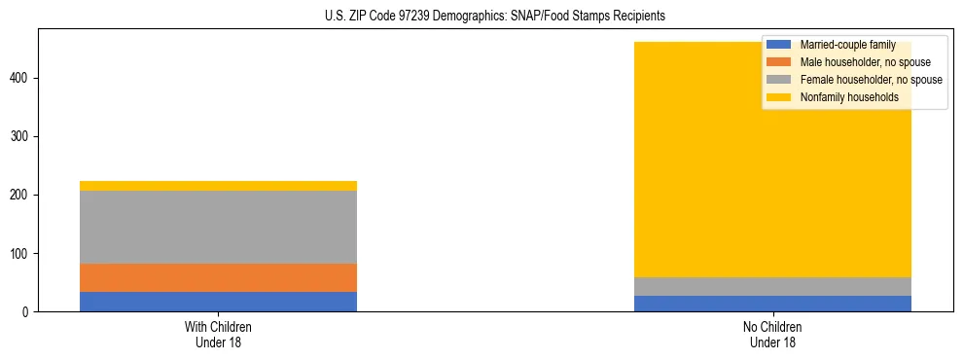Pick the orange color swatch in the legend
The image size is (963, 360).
point(779,62)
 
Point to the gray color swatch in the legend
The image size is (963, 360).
point(779,80)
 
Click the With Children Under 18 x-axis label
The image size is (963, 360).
point(218,335)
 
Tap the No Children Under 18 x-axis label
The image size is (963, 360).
point(772,335)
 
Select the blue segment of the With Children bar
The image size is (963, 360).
point(218,302)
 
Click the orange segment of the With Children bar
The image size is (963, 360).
point(218,277)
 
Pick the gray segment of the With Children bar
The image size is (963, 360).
point(218,227)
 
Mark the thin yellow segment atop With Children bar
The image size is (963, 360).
point(218,186)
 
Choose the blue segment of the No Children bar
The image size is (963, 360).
point(772,304)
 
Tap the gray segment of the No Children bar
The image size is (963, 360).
point(772,286)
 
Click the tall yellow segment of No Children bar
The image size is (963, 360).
point(681,165)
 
